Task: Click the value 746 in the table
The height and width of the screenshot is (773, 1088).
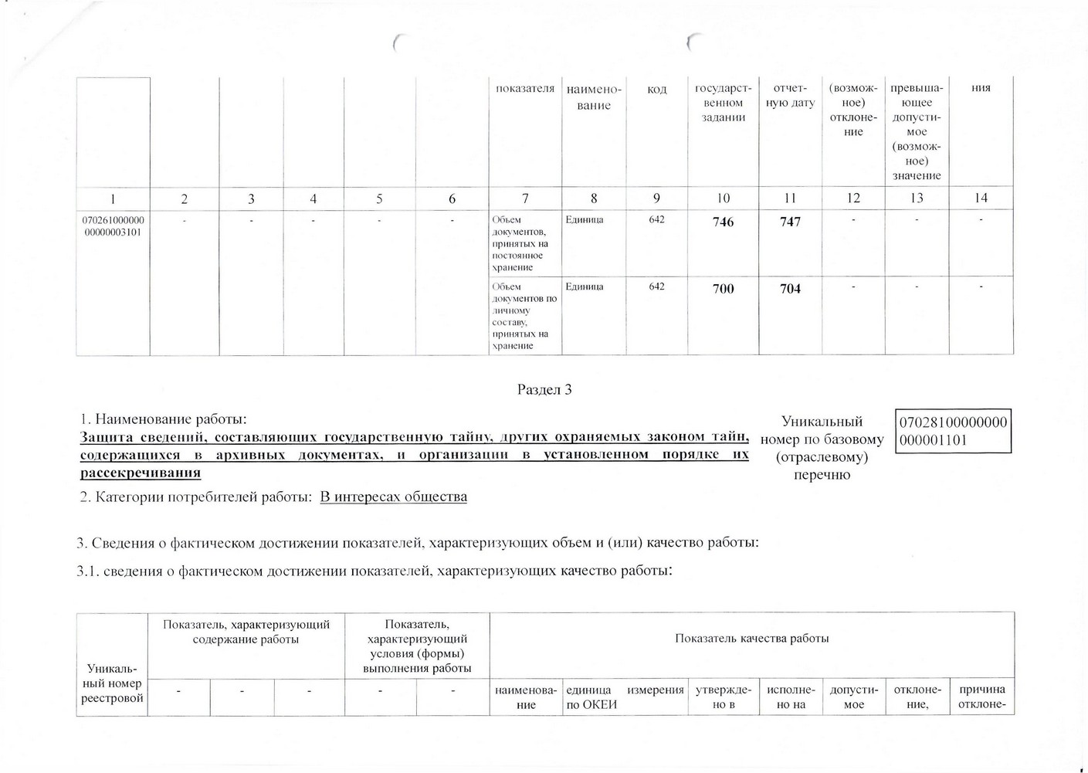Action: (723, 222)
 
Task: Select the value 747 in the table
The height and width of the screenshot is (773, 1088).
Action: (790, 222)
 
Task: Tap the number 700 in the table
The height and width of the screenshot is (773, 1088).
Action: (723, 289)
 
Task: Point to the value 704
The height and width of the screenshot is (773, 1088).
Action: (790, 289)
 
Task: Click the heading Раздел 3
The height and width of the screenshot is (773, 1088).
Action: (544, 389)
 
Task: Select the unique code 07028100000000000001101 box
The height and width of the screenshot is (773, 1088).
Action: (953, 431)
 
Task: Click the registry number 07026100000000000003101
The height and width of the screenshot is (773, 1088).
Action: (113, 225)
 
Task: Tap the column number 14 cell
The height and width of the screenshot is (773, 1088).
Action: (981, 198)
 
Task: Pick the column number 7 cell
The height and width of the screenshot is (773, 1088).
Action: (525, 198)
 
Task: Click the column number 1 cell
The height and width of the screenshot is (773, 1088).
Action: (113, 198)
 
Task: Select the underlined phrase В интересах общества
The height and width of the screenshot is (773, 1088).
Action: (393, 497)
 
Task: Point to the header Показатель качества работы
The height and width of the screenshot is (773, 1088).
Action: (751, 639)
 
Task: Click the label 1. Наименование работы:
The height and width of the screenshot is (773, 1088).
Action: (163, 419)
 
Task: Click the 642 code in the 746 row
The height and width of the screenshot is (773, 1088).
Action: (656, 220)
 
